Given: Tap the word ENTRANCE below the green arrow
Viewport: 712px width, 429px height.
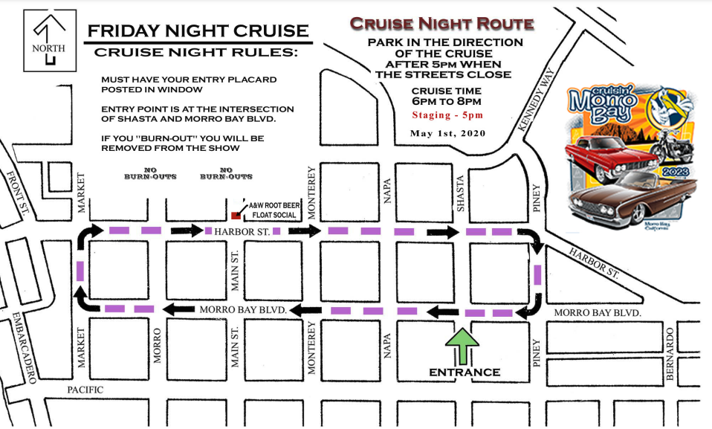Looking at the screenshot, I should click(465, 372).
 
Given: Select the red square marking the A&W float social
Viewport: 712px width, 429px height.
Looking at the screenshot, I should click(236, 215).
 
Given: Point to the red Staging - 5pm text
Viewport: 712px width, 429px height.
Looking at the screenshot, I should click(446, 115).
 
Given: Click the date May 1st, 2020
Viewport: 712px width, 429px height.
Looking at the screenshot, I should click(446, 133).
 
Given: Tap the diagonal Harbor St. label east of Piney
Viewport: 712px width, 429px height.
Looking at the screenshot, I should click(595, 262).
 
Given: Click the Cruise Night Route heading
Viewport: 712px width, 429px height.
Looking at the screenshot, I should click(444, 23).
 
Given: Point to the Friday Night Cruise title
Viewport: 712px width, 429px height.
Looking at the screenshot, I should click(197, 31).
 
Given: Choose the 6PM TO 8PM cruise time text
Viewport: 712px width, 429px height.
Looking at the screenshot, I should click(446, 101).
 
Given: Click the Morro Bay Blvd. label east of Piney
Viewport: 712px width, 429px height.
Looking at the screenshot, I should click(597, 313).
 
